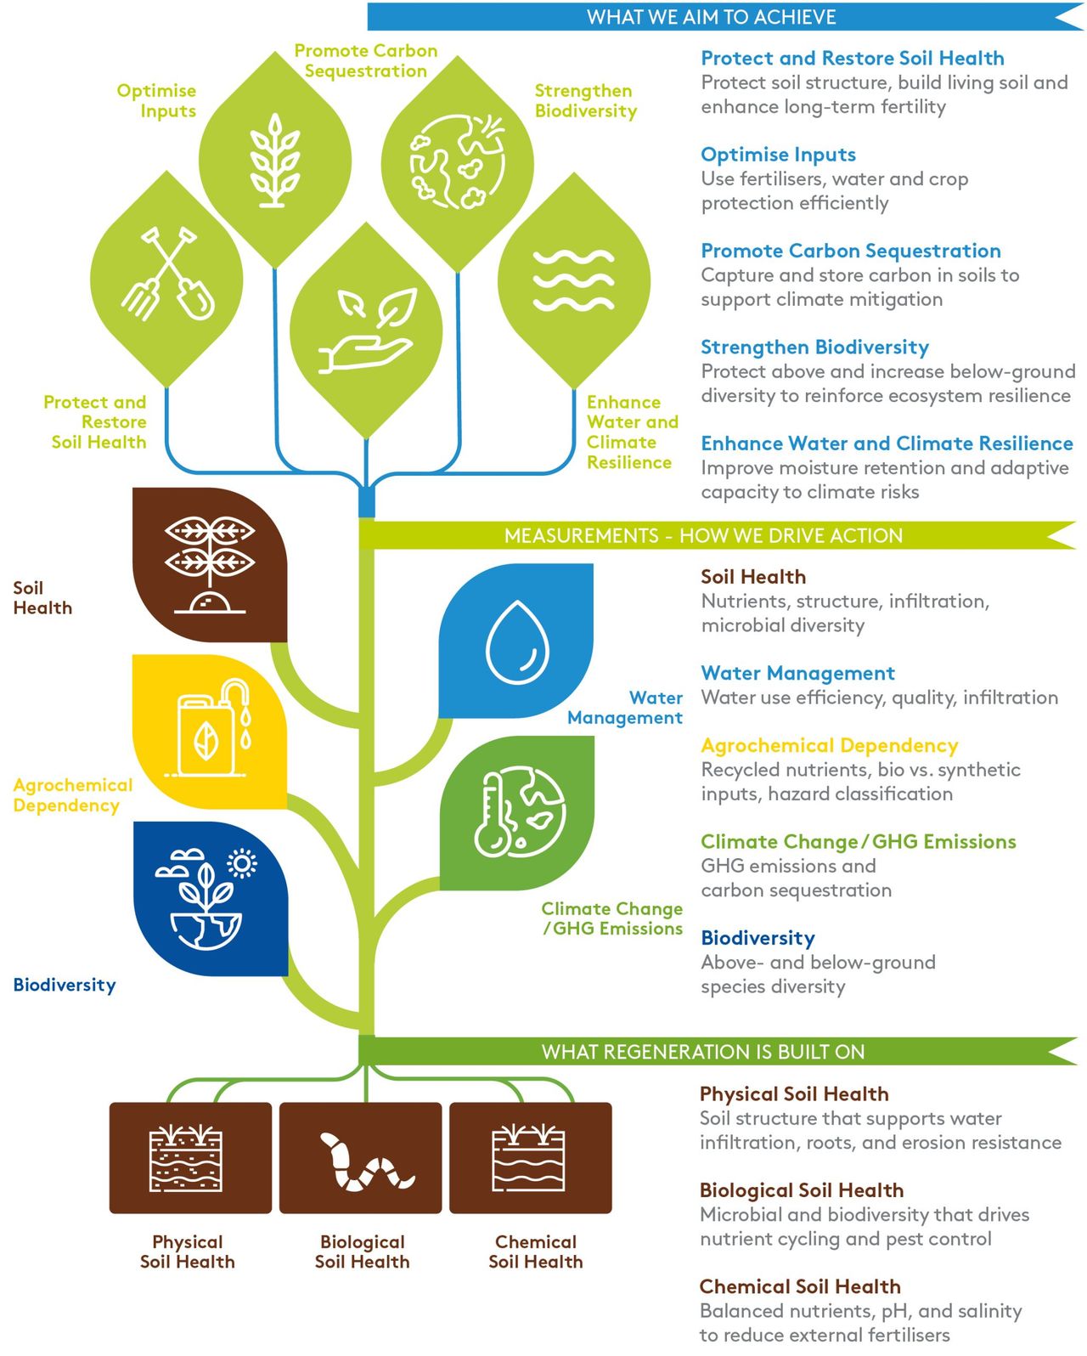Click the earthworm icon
coord(367,1161)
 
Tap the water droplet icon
coord(517,641)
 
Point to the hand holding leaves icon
coord(368,331)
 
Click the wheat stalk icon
coord(275,160)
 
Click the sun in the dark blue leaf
coord(243,863)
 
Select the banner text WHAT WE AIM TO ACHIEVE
coord(711,17)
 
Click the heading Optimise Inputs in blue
coord(778,155)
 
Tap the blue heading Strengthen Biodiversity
coord(814,347)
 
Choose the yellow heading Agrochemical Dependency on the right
coord(830,745)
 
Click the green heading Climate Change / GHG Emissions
coord(859,842)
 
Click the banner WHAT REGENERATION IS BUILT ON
coord(703,1052)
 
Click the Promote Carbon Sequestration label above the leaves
coord(366,60)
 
